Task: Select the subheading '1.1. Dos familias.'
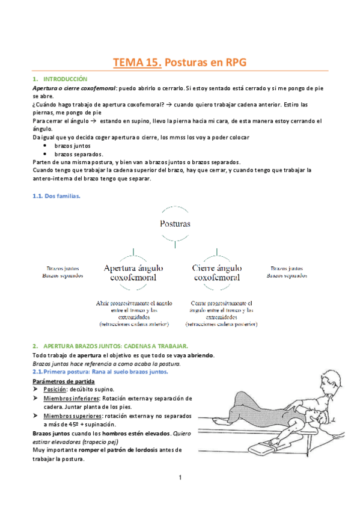56,196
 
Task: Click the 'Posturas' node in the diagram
174,223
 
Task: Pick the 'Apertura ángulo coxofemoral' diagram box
130,272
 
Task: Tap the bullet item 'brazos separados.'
75,154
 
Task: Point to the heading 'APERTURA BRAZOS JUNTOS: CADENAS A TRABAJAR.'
116,346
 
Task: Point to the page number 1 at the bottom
180,478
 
